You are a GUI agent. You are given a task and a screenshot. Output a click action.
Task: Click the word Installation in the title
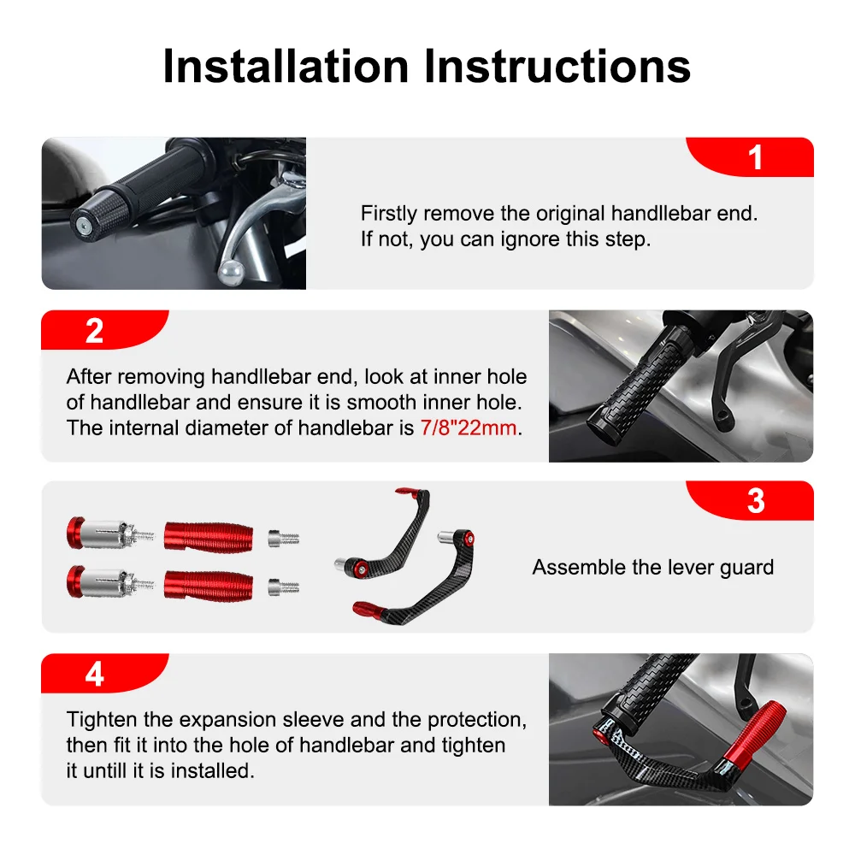pyautogui.click(x=286, y=67)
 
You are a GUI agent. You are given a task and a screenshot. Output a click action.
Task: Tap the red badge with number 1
pyautogui.click(x=755, y=157)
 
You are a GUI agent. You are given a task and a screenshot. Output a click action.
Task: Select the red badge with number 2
pyautogui.click(x=95, y=331)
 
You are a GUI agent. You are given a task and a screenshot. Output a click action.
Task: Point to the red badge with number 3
pyautogui.click(x=755, y=501)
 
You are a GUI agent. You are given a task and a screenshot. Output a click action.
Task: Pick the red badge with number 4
pyautogui.click(x=95, y=674)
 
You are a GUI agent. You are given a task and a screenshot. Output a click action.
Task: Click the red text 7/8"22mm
pyautogui.click(x=469, y=428)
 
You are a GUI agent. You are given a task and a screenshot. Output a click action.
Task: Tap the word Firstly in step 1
pyautogui.click(x=389, y=214)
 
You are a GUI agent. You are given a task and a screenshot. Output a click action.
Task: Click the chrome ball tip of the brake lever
pyautogui.click(x=231, y=271)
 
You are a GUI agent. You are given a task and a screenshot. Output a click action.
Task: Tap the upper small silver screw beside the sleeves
pyautogui.click(x=283, y=538)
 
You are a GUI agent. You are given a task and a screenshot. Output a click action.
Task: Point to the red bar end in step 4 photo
pyautogui.click(x=752, y=729)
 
